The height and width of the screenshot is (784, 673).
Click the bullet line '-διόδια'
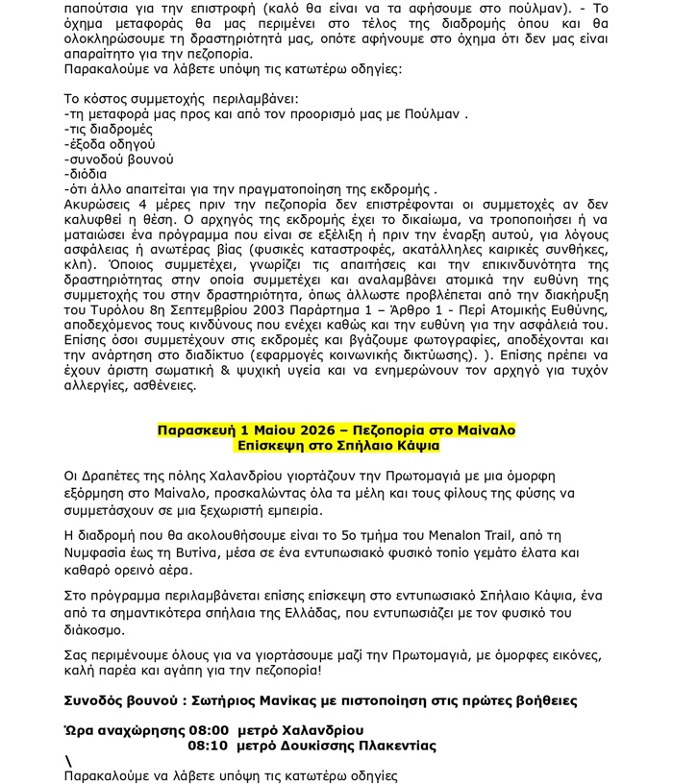click(86, 175)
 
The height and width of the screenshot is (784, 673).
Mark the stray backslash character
click(68, 761)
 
